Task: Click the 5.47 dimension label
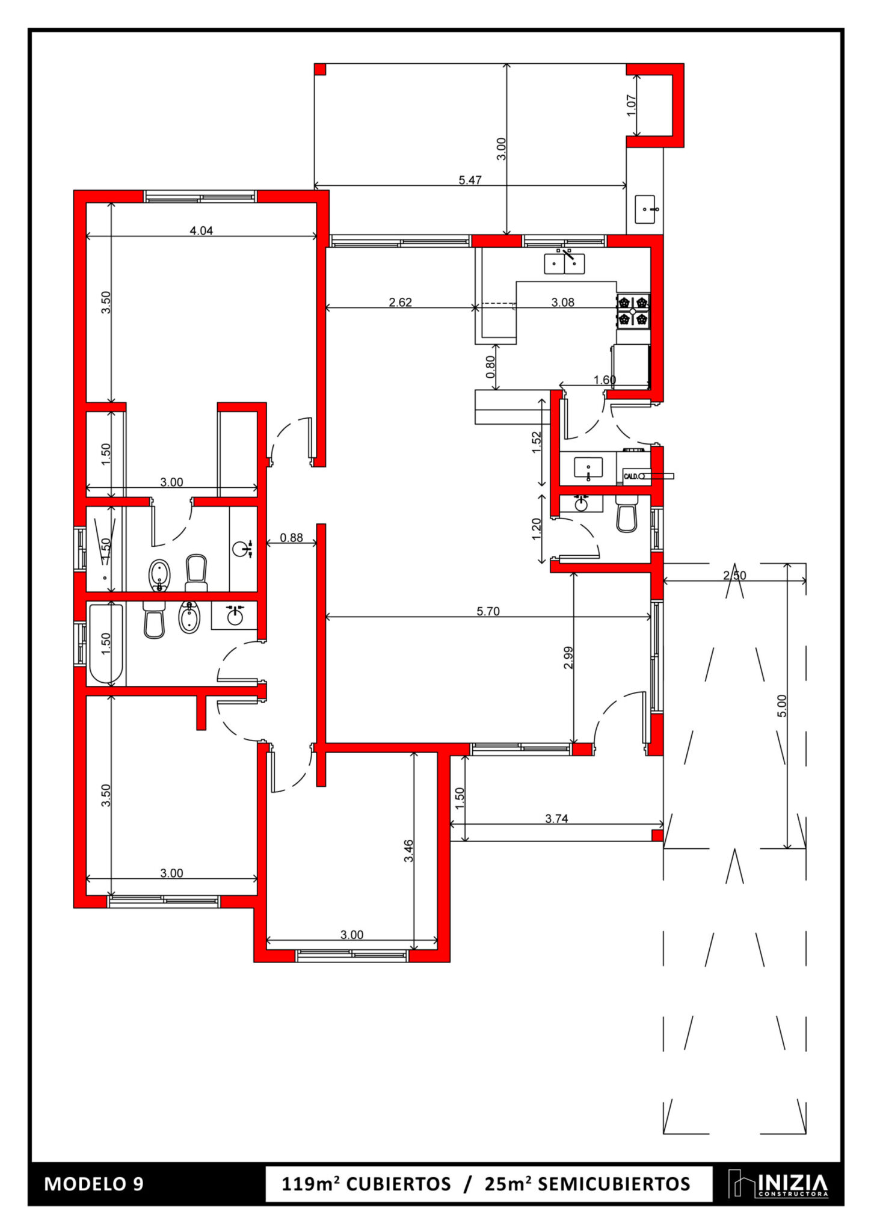coord(470,180)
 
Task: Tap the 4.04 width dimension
coord(202,230)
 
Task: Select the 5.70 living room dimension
coord(488,611)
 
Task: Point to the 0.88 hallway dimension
coord(292,538)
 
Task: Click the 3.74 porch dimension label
coord(556,818)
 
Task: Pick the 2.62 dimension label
coord(400,302)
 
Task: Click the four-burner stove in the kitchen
coord(633,310)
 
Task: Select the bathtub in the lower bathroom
coord(106,644)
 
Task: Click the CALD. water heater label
coord(630,476)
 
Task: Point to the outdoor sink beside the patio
coord(645,209)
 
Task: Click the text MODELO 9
coord(94,1184)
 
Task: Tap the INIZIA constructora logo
coord(778,1183)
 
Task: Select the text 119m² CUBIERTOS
coord(366,1184)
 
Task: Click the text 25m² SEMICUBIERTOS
coord(587,1184)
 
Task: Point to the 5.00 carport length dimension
coord(781,706)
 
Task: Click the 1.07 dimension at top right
coord(631,106)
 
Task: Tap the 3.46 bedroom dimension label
coord(408,851)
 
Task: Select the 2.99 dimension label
coord(568,658)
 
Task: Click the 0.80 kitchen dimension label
coord(490,367)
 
